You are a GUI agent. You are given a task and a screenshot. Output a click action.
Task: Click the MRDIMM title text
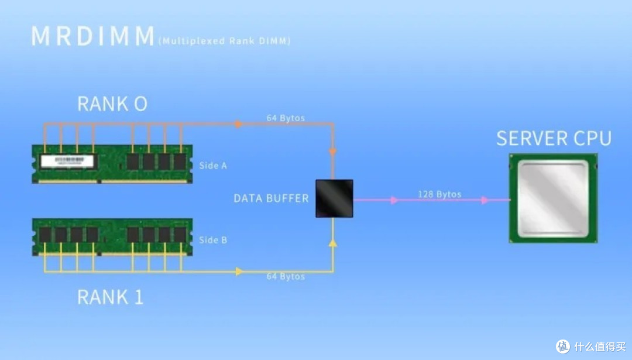pos(92,37)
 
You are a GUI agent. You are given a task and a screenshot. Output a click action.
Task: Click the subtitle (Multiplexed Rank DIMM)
pos(224,41)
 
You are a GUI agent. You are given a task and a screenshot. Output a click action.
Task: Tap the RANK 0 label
pos(112,104)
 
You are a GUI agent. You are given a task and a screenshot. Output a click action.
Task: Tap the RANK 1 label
pos(110,297)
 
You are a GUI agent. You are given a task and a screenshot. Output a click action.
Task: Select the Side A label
pos(213,166)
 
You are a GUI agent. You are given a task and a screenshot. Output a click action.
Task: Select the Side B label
pos(213,240)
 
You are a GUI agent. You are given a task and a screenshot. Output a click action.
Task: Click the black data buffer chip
pos(334,199)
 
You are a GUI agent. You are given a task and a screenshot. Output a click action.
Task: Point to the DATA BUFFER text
pos(271,198)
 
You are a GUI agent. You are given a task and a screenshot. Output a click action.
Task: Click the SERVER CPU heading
pos(554,139)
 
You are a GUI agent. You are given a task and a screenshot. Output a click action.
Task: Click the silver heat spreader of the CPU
pos(553,198)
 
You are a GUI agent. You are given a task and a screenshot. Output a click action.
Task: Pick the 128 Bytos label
pos(439,194)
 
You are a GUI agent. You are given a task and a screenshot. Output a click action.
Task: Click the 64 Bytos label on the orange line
pos(286,118)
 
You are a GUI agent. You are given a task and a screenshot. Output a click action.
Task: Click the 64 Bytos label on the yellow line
pos(286,276)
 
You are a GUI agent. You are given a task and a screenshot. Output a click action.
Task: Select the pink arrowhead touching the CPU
pos(485,200)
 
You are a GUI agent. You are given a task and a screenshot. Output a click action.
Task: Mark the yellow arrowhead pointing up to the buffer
pos(333,242)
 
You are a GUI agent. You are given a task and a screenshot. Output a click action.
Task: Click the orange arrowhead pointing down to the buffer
pos(333,152)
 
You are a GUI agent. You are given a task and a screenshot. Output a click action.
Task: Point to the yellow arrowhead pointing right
pos(239,272)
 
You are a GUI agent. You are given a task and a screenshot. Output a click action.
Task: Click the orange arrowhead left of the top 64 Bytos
pos(238,124)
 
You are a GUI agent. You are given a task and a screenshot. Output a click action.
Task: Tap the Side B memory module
pos(112,236)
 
